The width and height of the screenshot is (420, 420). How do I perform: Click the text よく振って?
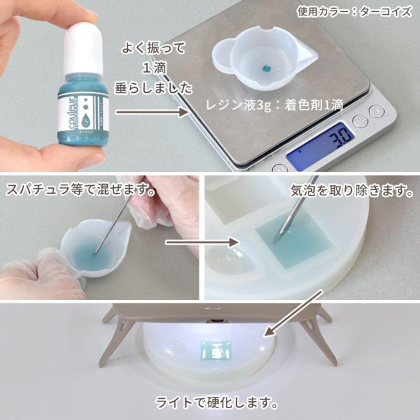point(153,48)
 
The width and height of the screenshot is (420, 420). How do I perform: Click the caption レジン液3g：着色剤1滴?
point(275,105)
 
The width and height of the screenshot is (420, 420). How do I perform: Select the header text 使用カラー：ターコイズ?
point(354,11)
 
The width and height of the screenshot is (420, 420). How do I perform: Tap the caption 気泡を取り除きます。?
point(348,191)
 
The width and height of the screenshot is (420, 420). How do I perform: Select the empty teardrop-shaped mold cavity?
point(227,267)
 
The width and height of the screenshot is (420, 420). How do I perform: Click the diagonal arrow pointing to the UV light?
point(293,313)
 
